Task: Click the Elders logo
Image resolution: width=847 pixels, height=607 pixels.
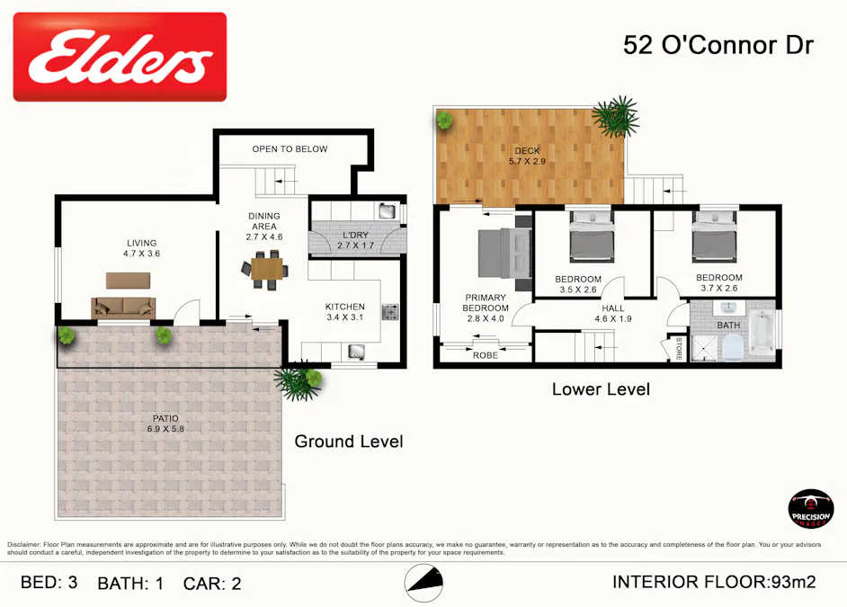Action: (120, 57)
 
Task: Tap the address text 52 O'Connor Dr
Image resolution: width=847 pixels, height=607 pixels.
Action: (718, 46)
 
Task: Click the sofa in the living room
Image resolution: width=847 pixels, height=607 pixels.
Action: (123, 308)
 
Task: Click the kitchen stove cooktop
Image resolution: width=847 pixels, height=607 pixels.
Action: (391, 312)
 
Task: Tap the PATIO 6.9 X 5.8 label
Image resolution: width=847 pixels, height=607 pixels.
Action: (165, 424)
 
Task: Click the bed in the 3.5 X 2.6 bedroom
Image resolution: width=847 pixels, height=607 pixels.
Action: (592, 240)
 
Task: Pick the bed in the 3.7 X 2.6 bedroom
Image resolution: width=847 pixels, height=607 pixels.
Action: (716, 240)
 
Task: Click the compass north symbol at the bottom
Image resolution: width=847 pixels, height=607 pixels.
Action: (423, 584)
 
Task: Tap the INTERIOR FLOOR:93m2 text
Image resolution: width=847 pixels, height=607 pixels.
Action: (714, 582)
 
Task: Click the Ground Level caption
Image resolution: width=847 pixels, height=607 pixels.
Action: (349, 442)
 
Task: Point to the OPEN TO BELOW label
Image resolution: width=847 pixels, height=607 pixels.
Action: (290, 149)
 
